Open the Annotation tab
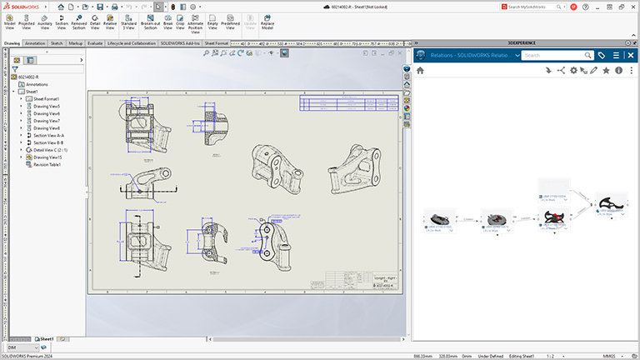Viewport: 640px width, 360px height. [35, 42]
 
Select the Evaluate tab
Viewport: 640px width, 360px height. [95, 42]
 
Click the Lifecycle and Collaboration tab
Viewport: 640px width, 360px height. [132, 42]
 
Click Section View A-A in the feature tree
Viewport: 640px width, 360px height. [48, 135]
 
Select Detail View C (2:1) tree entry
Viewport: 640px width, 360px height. [52, 149]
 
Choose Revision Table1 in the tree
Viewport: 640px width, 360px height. [47, 164]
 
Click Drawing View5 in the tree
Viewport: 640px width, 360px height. [46, 106]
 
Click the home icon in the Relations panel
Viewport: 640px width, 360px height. [420, 71]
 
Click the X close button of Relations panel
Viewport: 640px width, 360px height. [631, 55]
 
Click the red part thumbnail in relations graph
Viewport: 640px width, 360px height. [553, 217]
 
